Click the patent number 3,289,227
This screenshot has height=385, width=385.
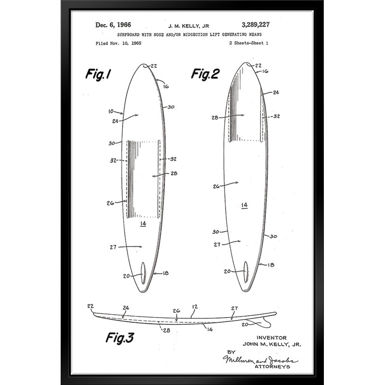[256, 25]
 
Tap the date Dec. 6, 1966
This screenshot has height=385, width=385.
[113, 25]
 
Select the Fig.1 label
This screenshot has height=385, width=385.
[98, 74]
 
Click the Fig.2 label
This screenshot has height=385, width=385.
[205, 74]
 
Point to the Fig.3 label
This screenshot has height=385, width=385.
[120, 338]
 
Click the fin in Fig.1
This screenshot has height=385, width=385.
[143, 273]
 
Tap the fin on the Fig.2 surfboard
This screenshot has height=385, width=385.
[245, 272]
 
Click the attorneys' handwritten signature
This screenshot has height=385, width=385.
[260, 359]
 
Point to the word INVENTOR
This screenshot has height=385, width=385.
[271, 338]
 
